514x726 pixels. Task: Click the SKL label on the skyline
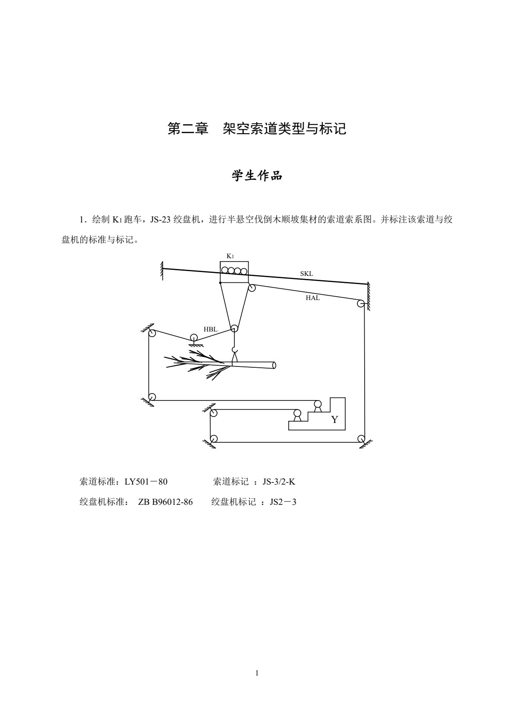(x=306, y=274)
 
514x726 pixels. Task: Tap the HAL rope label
(x=312, y=298)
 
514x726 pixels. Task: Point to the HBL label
(x=210, y=329)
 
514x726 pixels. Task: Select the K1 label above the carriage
(x=230, y=256)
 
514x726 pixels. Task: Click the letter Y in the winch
(x=334, y=420)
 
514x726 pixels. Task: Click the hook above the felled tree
(x=234, y=350)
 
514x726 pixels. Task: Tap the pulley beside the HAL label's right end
(x=360, y=304)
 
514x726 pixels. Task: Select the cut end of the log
(x=274, y=365)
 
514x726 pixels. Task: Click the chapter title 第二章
(x=188, y=128)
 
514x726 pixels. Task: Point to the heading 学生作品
(x=257, y=175)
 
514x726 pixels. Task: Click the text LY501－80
(x=146, y=482)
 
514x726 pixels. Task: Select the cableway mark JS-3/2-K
(x=279, y=482)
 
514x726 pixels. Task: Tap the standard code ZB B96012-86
(x=165, y=502)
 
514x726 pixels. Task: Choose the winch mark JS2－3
(x=283, y=502)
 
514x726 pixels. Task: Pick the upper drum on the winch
(x=318, y=404)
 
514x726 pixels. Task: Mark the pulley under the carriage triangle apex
(x=234, y=329)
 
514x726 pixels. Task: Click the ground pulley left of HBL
(x=194, y=337)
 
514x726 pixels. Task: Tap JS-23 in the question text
(x=160, y=220)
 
